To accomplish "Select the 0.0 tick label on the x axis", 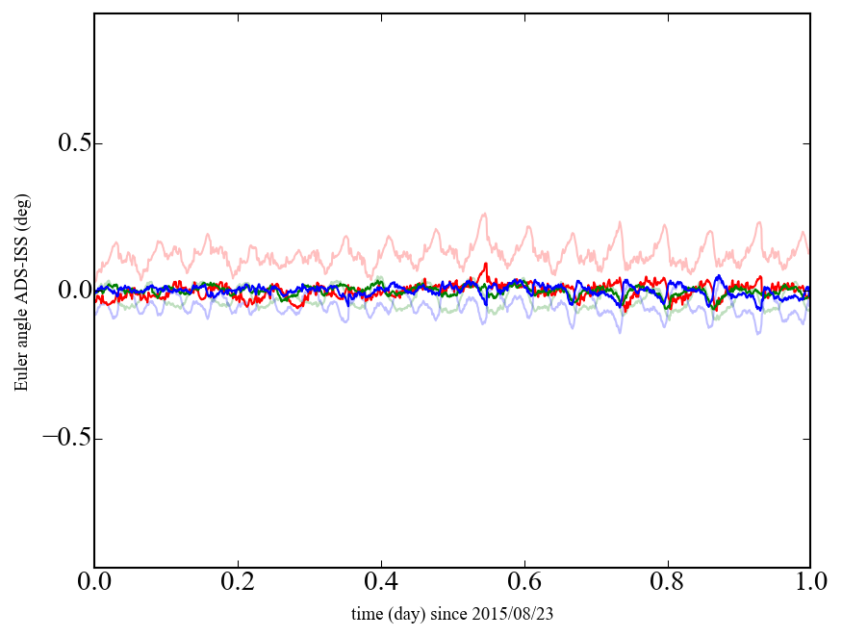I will click(x=94, y=582).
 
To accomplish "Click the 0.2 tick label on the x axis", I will click(x=238, y=582).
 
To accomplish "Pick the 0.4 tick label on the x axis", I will click(x=381, y=582).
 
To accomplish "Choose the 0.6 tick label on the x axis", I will click(x=524, y=582).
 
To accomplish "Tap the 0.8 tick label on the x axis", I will click(x=667, y=582).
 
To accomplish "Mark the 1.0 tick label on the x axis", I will click(x=810, y=582).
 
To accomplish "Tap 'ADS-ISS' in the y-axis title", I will click(x=21, y=275).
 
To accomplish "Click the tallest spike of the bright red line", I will click(x=486, y=264).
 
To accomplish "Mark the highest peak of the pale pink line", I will click(x=485, y=214).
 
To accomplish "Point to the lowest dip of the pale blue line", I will click(x=620, y=332).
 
